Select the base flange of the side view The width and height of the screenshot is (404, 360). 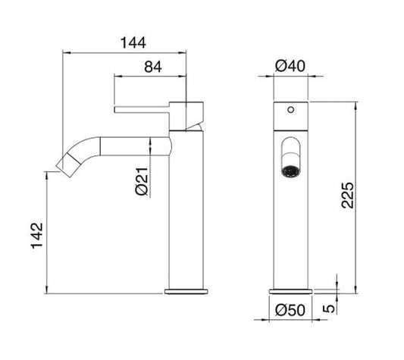point(187,290)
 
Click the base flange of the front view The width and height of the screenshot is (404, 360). point(290,290)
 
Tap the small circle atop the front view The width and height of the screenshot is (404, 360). point(290,110)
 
